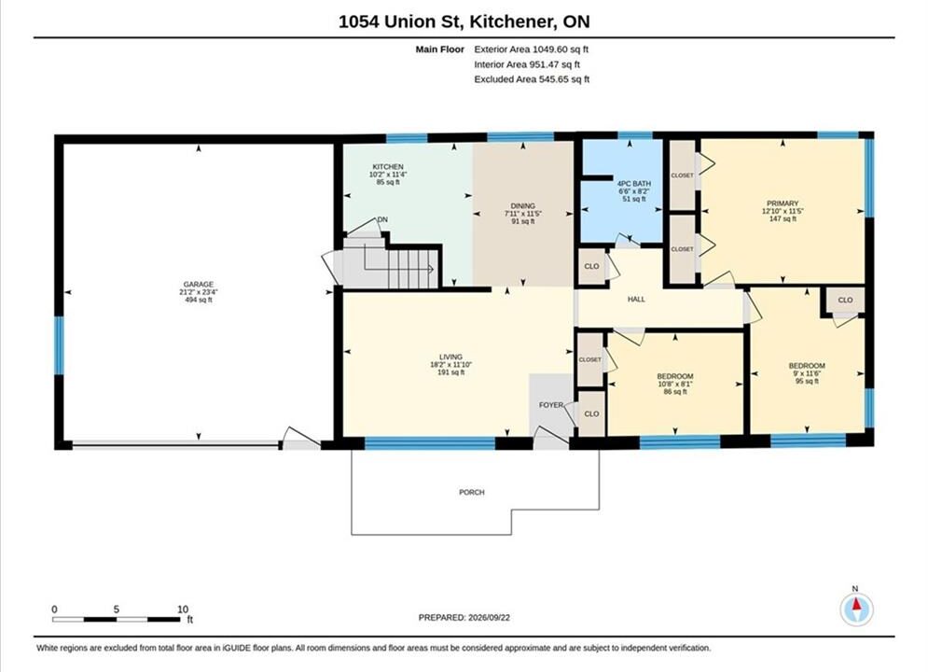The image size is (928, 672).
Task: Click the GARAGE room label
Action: pyautogui.click(x=199, y=284)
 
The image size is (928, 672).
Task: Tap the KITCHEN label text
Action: pyautogui.click(x=388, y=167)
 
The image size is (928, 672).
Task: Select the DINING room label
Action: pyautogui.click(x=523, y=206)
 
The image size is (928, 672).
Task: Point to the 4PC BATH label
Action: pyautogui.click(x=634, y=184)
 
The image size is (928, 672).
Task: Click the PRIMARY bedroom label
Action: pyautogui.click(x=783, y=203)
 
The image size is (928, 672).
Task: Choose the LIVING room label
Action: pyautogui.click(x=450, y=357)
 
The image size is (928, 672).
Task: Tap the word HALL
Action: pyautogui.click(x=636, y=300)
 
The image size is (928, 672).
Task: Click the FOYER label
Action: pyautogui.click(x=551, y=405)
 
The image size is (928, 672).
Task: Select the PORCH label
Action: pyautogui.click(x=472, y=492)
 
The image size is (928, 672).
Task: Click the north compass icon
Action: pyautogui.click(x=856, y=609)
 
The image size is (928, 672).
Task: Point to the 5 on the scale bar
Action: pyautogui.click(x=117, y=609)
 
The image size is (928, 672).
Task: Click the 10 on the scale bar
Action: pyautogui.click(x=183, y=609)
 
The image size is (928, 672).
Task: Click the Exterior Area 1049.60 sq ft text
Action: pyautogui.click(x=531, y=49)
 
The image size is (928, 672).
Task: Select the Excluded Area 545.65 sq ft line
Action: pyautogui.click(x=532, y=79)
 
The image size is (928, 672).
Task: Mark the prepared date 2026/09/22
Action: pyautogui.click(x=489, y=618)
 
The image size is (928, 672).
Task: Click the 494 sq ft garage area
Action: pyautogui.click(x=199, y=300)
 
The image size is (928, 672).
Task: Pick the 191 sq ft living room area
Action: pyautogui.click(x=450, y=372)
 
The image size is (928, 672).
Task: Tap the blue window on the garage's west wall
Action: pyautogui.click(x=59, y=345)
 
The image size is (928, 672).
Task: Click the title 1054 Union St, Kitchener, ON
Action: pyautogui.click(x=464, y=21)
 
